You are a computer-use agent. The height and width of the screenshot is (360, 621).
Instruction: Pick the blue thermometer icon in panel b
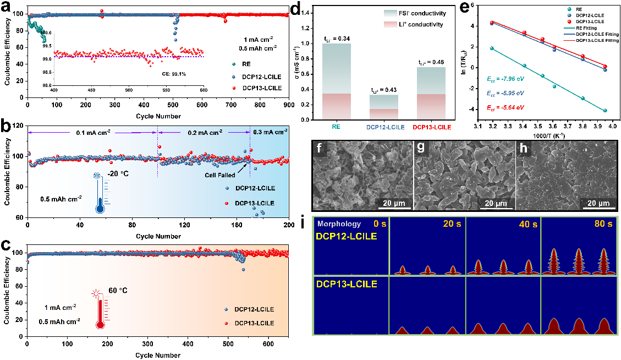(x=100, y=195)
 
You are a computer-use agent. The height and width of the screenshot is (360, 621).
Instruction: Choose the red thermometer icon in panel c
(x=100, y=309)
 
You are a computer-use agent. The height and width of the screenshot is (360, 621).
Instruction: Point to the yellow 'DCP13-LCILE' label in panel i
(x=346, y=285)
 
